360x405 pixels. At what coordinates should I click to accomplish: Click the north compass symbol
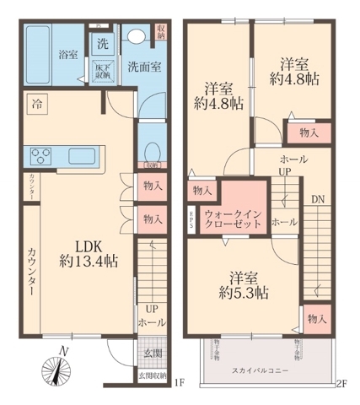[x=57, y=368]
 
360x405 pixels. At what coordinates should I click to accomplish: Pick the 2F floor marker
[x=341, y=384]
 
